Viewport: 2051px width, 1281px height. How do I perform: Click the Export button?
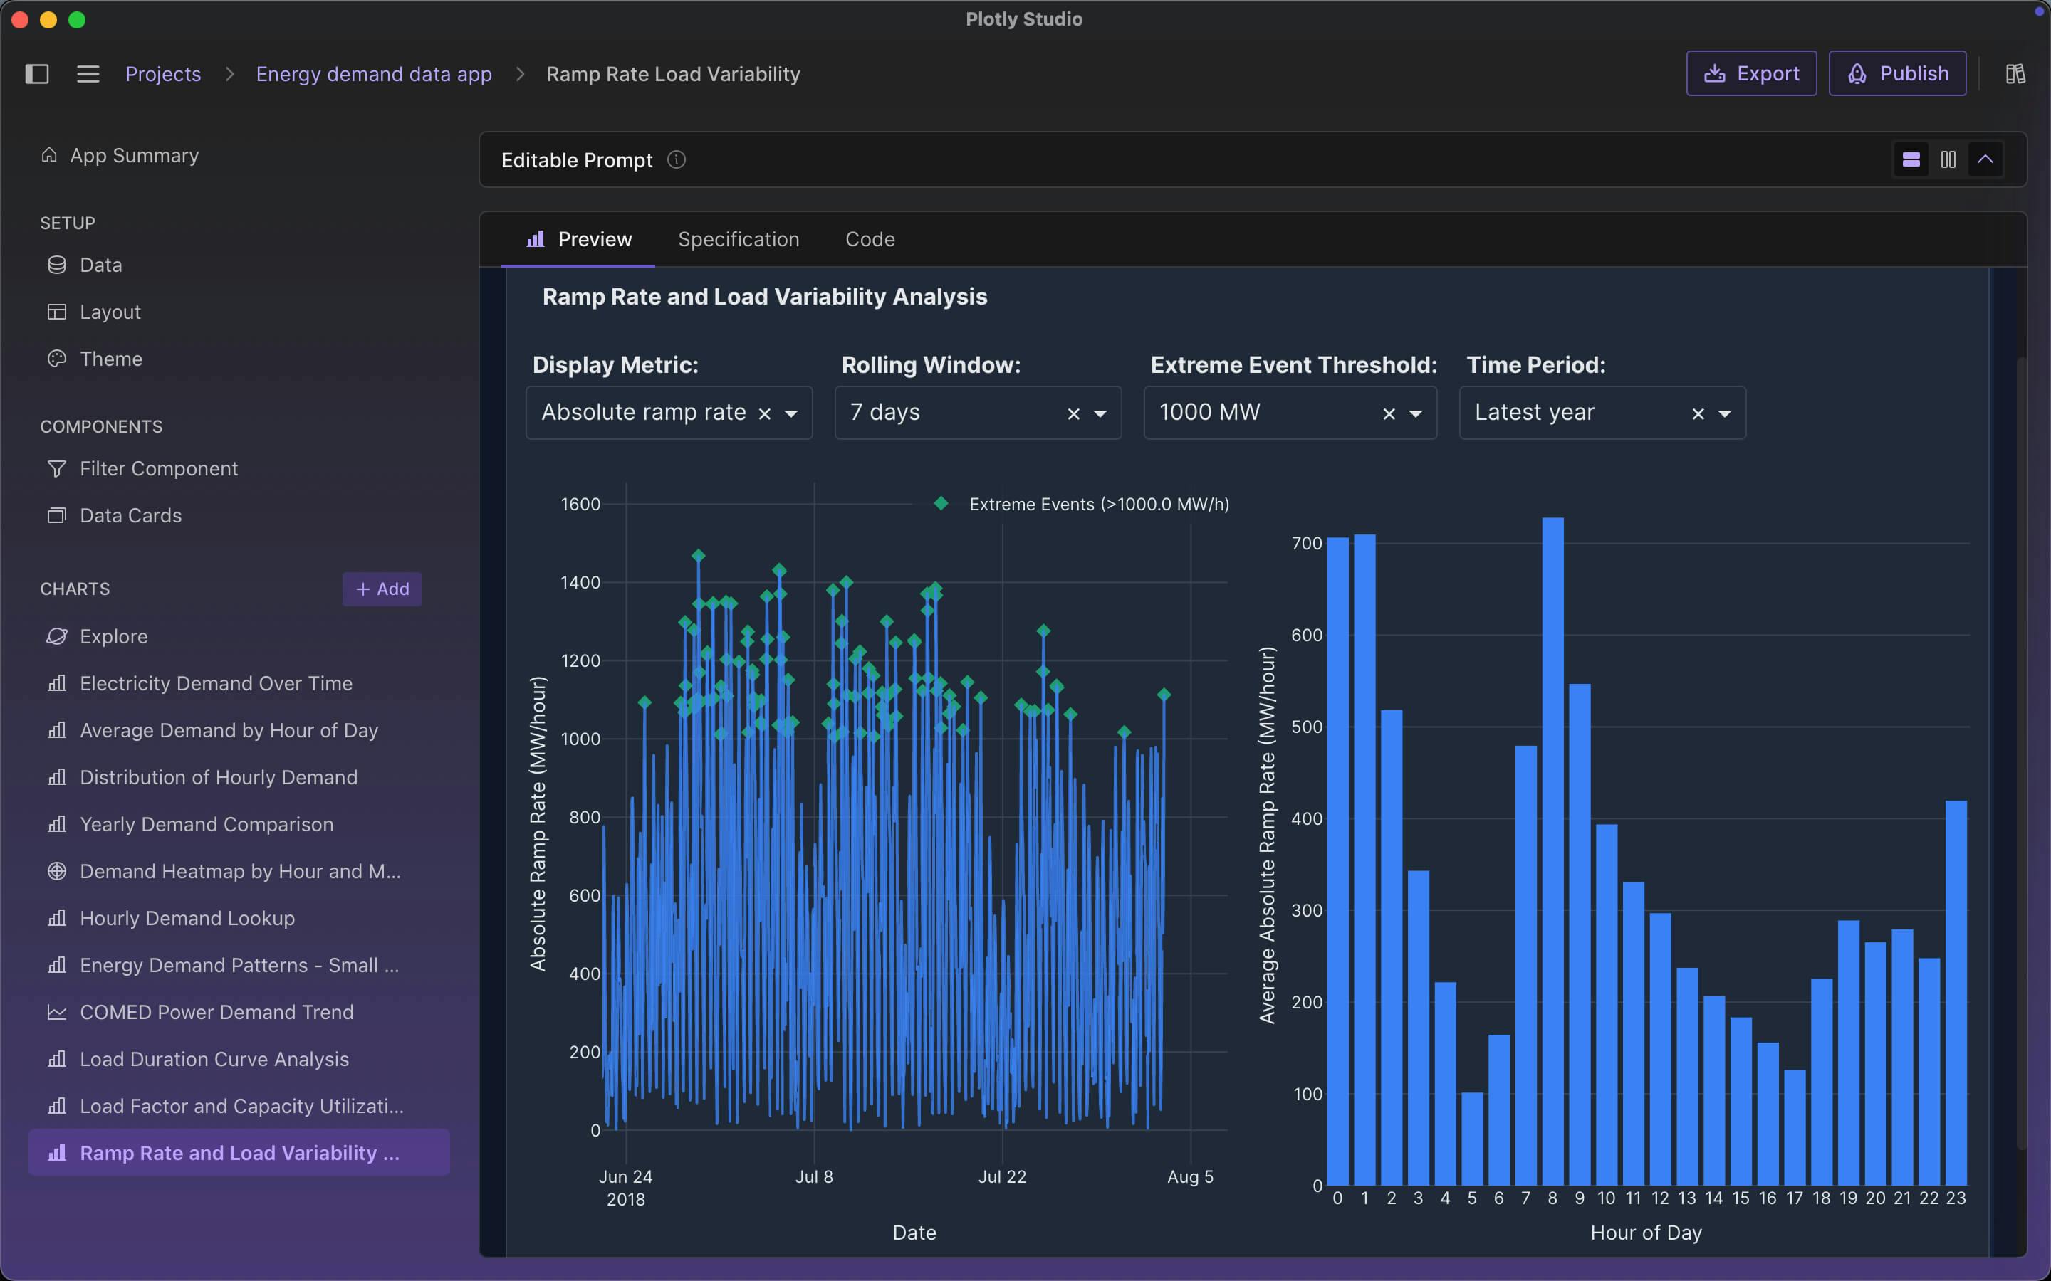click(1751, 74)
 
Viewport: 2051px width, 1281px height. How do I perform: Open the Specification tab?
click(739, 240)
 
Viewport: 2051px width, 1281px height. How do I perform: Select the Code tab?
click(870, 240)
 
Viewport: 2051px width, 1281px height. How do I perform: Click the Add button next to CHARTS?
click(382, 589)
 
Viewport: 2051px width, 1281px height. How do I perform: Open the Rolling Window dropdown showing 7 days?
click(1100, 413)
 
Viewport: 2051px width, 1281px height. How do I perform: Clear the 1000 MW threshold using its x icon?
click(1388, 413)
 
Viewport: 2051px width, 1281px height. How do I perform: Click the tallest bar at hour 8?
click(1552, 847)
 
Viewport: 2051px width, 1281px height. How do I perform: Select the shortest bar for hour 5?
click(1472, 1139)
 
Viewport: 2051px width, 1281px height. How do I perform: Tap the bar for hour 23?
click(1956, 991)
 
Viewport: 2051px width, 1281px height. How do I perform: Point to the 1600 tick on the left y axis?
click(580, 504)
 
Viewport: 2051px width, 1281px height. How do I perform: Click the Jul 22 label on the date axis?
click(1002, 1177)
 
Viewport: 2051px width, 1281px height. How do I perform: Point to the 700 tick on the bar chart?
click(1306, 543)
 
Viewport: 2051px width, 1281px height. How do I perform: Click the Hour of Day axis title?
click(1646, 1233)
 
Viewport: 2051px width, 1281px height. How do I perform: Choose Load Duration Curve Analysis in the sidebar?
click(214, 1059)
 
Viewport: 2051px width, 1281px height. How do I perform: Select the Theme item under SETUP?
click(110, 359)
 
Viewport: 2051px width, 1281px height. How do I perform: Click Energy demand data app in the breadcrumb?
click(374, 75)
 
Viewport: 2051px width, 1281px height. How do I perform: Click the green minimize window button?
click(77, 19)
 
